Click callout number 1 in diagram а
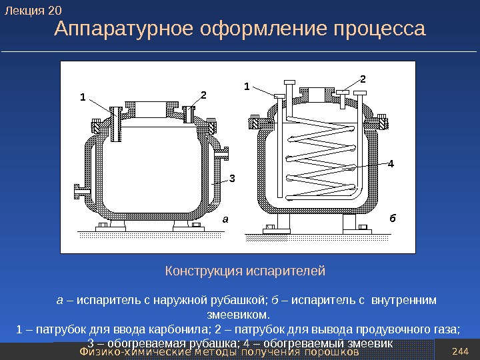pyautogui.click(x=83, y=97)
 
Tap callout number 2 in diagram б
pyautogui.click(x=363, y=79)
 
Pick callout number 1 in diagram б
pyautogui.click(x=246, y=86)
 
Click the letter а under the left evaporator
pyautogui.click(x=225, y=218)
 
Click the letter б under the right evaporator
pyautogui.click(x=392, y=218)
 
